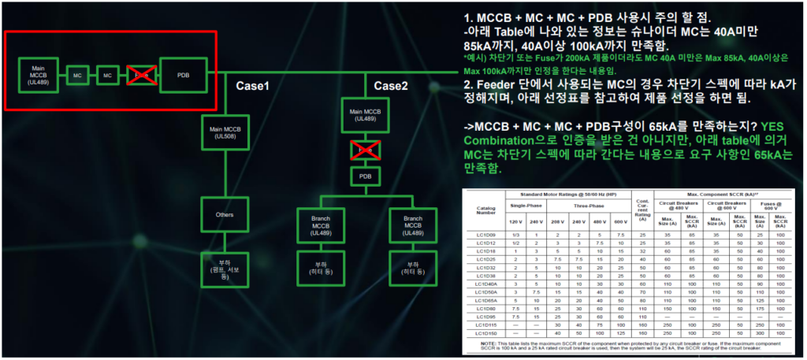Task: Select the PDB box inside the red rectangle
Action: click(183, 76)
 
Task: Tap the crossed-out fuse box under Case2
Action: click(365, 148)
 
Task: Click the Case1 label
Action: click(253, 86)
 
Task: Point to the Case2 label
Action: click(392, 86)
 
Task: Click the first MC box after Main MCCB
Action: click(77, 76)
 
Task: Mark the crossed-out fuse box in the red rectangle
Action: click(140, 76)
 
